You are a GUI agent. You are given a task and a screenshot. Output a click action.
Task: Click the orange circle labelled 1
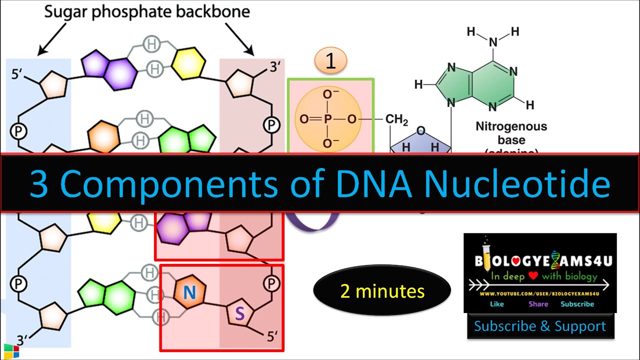[330, 61]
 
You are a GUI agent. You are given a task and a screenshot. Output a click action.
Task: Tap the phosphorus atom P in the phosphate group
[327, 119]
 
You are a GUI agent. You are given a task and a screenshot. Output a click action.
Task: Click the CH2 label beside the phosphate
[397, 120]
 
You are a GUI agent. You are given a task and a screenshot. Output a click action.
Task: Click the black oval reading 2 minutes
[382, 291]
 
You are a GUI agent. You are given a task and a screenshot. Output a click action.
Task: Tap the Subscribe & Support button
[540, 326]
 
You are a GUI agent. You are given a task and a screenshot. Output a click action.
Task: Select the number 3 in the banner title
[39, 184]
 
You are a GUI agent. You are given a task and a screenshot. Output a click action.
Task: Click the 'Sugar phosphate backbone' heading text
[147, 12]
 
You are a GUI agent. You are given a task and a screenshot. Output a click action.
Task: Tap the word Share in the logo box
[538, 304]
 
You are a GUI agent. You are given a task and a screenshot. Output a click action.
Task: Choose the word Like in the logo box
[497, 304]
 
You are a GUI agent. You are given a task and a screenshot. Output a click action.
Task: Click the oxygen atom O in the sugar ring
[421, 131]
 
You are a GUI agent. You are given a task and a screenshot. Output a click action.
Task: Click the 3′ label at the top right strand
[276, 66]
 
